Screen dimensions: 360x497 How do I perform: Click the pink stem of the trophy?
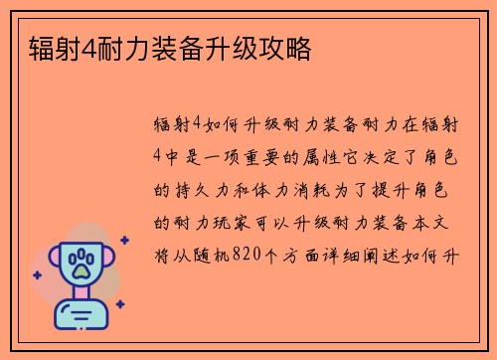81,295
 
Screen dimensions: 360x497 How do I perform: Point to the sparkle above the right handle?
123,240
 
